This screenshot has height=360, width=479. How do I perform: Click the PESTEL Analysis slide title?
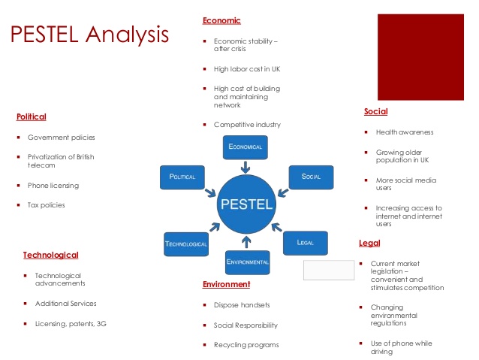click(x=89, y=35)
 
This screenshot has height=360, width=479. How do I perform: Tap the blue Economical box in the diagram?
click(x=246, y=147)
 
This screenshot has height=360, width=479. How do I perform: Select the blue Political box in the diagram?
click(x=182, y=177)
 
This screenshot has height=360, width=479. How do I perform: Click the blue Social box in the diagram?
click(x=312, y=177)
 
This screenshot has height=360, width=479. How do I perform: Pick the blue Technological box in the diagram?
click(x=186, y=244)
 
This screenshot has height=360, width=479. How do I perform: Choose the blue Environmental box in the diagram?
click(x=248, y=262)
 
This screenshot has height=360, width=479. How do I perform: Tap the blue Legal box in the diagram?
click(x=306, y=243)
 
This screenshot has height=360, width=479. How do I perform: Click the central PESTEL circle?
click(x=246, y=204)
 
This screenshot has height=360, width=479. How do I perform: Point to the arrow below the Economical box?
click(x=246, y=167)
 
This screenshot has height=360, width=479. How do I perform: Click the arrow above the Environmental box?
click(x=246, y=242)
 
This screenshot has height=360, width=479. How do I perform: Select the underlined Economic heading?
click(x=221, y=21)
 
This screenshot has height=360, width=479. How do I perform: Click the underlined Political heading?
click(x=32, y=116)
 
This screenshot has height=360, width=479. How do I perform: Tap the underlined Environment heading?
click(x=227, y=284)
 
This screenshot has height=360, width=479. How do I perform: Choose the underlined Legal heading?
click(x=369, y=244)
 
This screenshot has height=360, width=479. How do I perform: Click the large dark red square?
click(x=420, y=57)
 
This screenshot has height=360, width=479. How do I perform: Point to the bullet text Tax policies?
click(x=46, y=205)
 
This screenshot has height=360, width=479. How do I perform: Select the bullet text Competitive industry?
click(x=247, y=125)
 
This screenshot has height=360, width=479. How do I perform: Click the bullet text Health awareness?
click(x=405, y=132)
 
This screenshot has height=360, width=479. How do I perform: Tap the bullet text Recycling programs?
click(x=246, y=345)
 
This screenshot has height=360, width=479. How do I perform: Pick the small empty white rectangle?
click(x=329, y=270)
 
